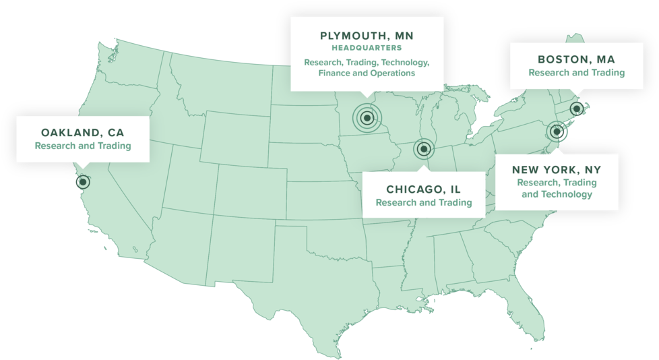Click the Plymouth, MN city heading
[x=367, y=35]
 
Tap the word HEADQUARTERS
[x=367, y=49]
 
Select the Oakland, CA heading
[x=83, y=132]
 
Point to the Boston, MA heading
[x=576, y=59]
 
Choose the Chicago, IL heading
[x=424, y=189]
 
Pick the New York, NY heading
[x=557, y=169]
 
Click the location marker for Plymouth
[x=367, y=119]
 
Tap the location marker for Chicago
[x=424, y=149]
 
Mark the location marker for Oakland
[x=83, y=181]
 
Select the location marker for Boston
[x=576, y=108]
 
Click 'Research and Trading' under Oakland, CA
[x=83, y=146]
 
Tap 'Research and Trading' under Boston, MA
[x=576, y=73]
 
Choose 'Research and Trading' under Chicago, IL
[x=424, y=202]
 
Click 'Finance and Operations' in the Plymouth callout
[x=367, y=73]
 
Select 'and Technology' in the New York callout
[x=557, y=194]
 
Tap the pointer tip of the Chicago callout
[x=424, y=166]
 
